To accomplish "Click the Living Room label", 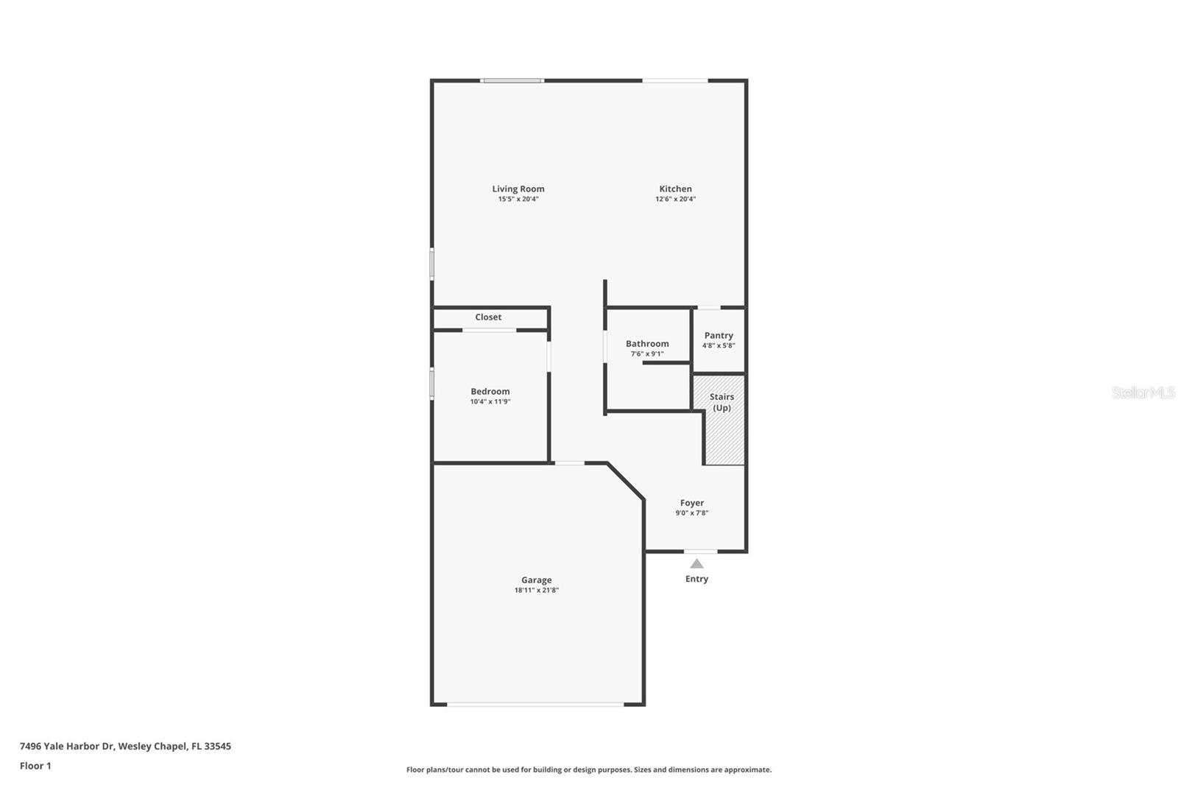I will pyautogui.click(x=518, y=189).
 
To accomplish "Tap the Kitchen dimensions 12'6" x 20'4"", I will pyautogui.click(x=675, y=199).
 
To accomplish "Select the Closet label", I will pyautogui.click(x=488, y=317).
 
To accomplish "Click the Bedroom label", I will pyautogui.click(x=490, y=392).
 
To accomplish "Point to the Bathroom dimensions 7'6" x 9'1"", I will pyautogui.click(x=647, y=354).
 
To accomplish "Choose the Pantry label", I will pyautogui.click(x=719, y=335).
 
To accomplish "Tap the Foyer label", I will pyautogui.click(x=692, y=503).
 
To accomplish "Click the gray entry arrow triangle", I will pyautogui.click(x=696, y=563).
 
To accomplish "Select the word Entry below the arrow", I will pyautogui.click(x=696, y=579).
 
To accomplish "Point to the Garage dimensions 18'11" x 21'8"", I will pyautogui.click(x=536, y=590).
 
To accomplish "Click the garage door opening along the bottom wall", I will pyautogui.click(x=535, y=705).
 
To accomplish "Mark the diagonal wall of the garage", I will pyautogui.click(x=627, y=482).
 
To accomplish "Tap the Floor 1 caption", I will pyautogui.click(x=35, y=766).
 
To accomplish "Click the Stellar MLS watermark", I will pyautogui.click(x=1143, y=392).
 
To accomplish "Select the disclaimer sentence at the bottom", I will pyautogui.click(x=589, y=770).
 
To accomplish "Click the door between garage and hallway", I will pyautogui.click(x=569, y=463).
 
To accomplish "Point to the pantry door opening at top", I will pyautogui.click(x=708, y=307).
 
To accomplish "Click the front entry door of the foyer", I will pyautogui.click(x=700, y=551).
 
